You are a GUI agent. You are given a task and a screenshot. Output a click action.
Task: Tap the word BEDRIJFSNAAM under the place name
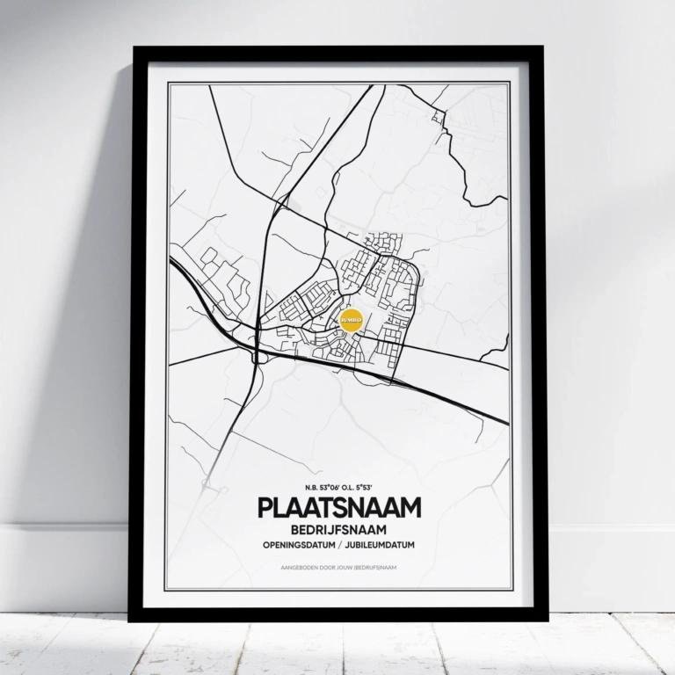(x=338, y=531)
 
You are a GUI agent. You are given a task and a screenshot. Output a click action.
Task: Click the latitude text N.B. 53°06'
(x=322, y=488)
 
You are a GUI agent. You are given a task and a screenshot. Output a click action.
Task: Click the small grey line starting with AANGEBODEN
(x=338, y=568)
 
